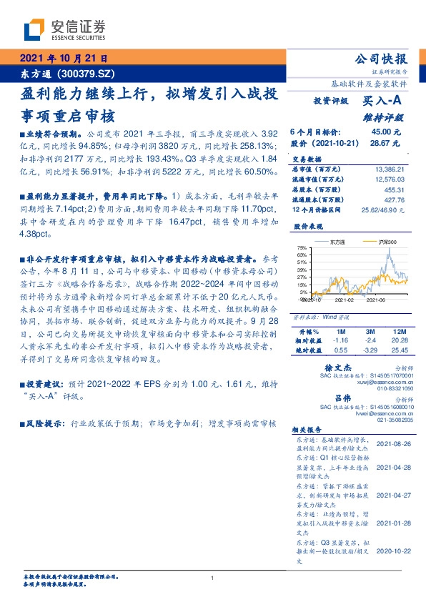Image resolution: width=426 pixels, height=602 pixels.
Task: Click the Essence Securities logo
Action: [x=64, y=29]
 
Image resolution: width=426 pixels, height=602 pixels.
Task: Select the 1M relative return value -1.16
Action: [x=340, y=341]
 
